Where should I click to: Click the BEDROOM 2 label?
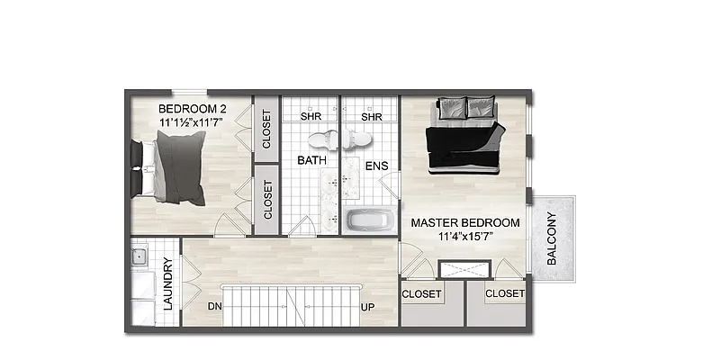[x=192, y=108]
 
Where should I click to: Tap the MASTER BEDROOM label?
[x=465, y=222]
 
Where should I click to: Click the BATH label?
[x=311, y=160]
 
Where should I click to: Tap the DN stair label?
[x=214, y=307]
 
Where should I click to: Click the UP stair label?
[x=368, y=307]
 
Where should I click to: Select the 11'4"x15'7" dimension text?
[x=465, y=237]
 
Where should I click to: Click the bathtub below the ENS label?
[x=368, y=220]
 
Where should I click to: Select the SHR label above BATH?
[x=311, y=116]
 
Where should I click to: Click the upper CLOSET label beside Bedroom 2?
[x=266, y=129]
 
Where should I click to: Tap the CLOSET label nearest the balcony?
[x=504, y=293]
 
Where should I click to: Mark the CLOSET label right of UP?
[x=421, y=294]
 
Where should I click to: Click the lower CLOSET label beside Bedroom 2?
[x=267, y=199]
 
